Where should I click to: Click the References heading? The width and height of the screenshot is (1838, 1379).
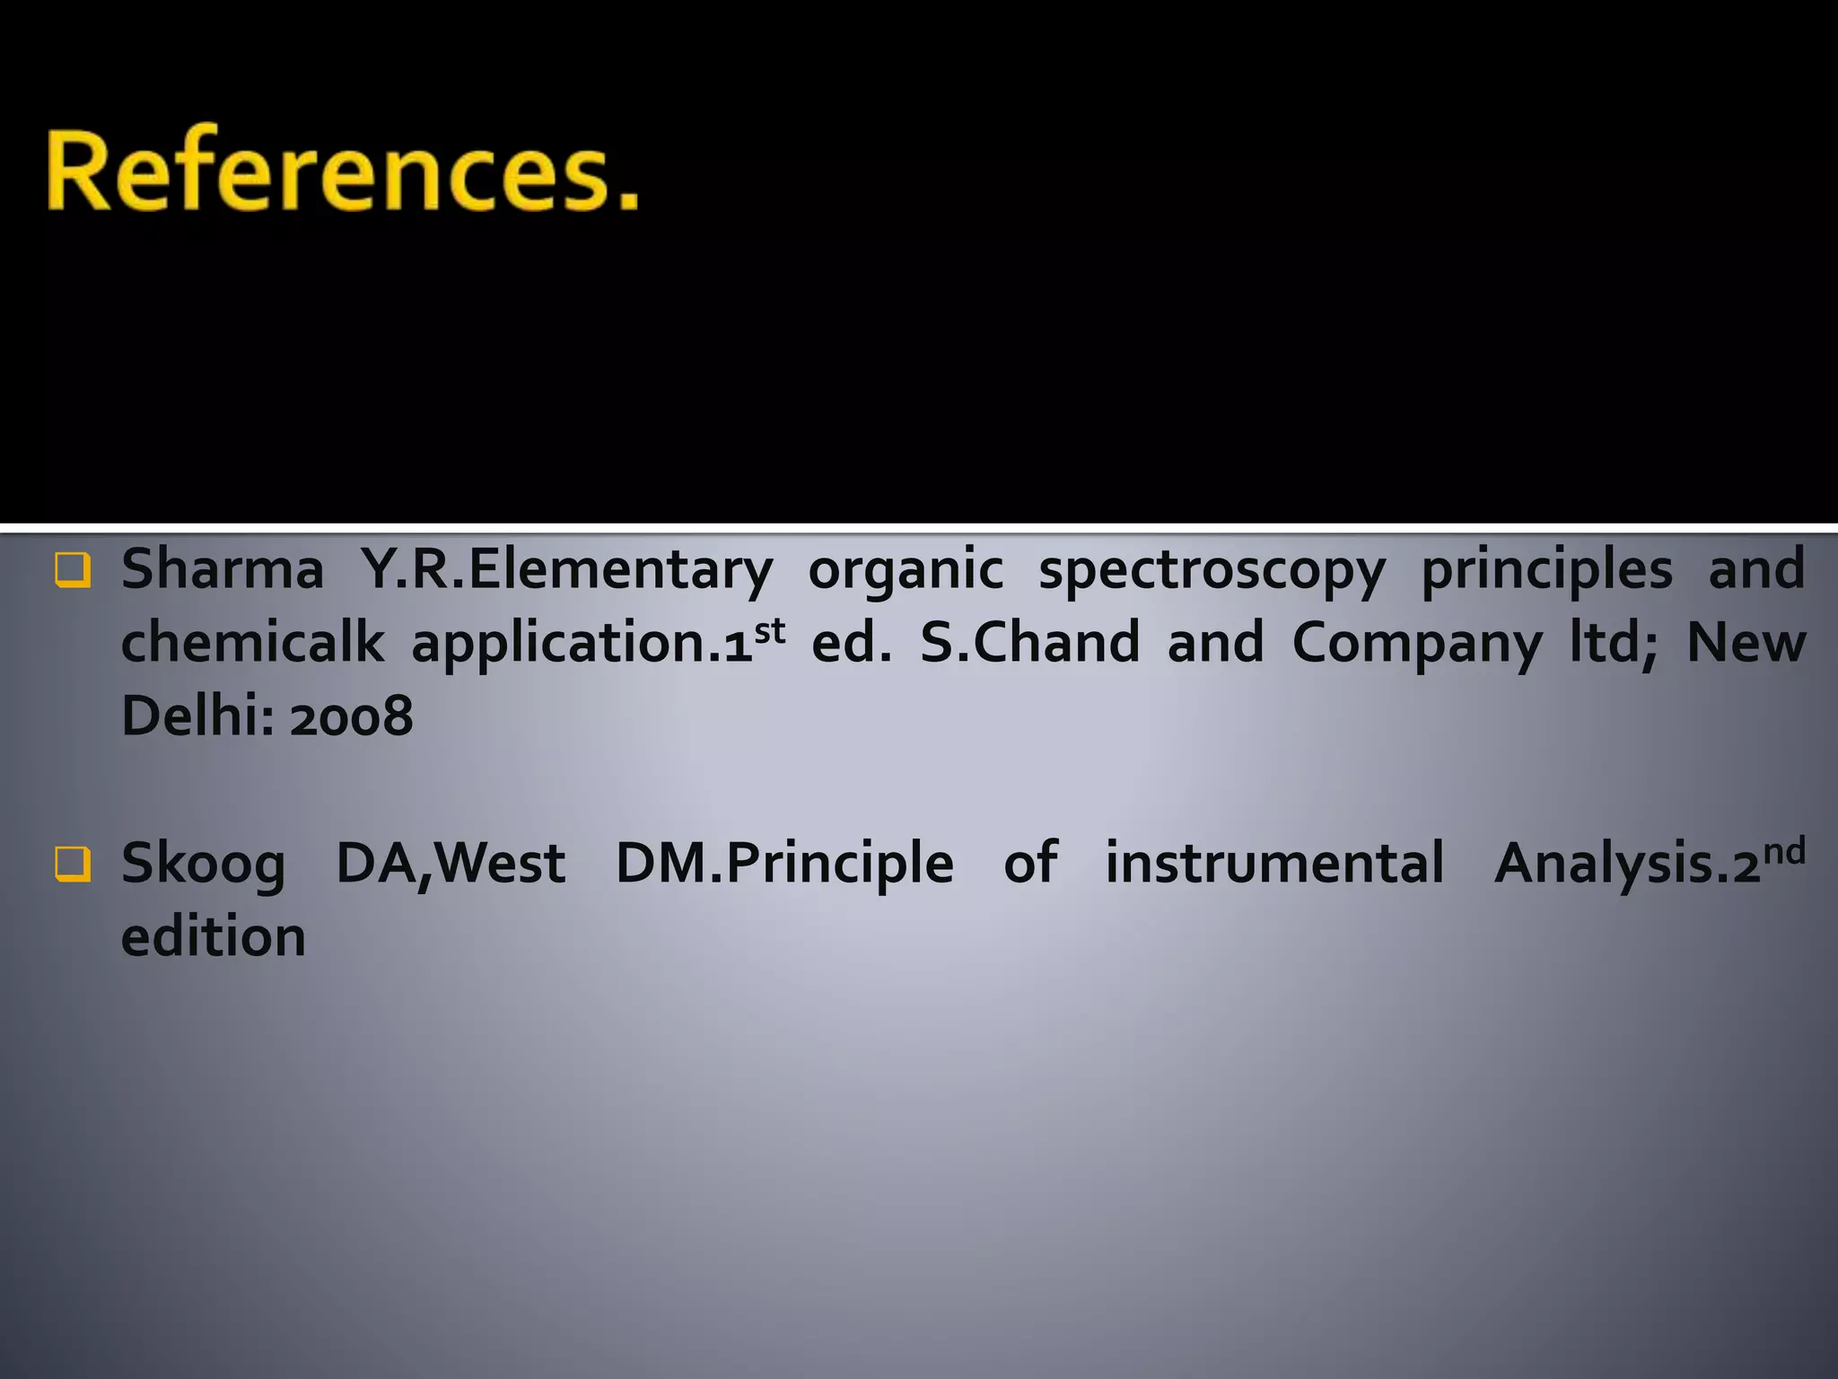343,171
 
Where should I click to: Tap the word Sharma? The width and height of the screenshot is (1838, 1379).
222,570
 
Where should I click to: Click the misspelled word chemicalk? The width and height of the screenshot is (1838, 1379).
252,643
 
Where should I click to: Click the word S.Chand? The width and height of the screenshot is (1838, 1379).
1029,643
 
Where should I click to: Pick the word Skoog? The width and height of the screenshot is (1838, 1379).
203,865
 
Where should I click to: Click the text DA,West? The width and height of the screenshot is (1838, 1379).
451,865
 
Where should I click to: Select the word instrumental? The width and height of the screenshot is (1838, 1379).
1274,863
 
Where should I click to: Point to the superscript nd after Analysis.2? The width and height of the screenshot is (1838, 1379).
1784,850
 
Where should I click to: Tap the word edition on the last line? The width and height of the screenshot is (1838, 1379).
214,936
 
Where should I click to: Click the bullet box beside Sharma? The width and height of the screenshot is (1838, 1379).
72,570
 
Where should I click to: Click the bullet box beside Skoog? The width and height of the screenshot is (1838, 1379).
72,865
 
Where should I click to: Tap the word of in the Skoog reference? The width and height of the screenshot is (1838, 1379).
1030,863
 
